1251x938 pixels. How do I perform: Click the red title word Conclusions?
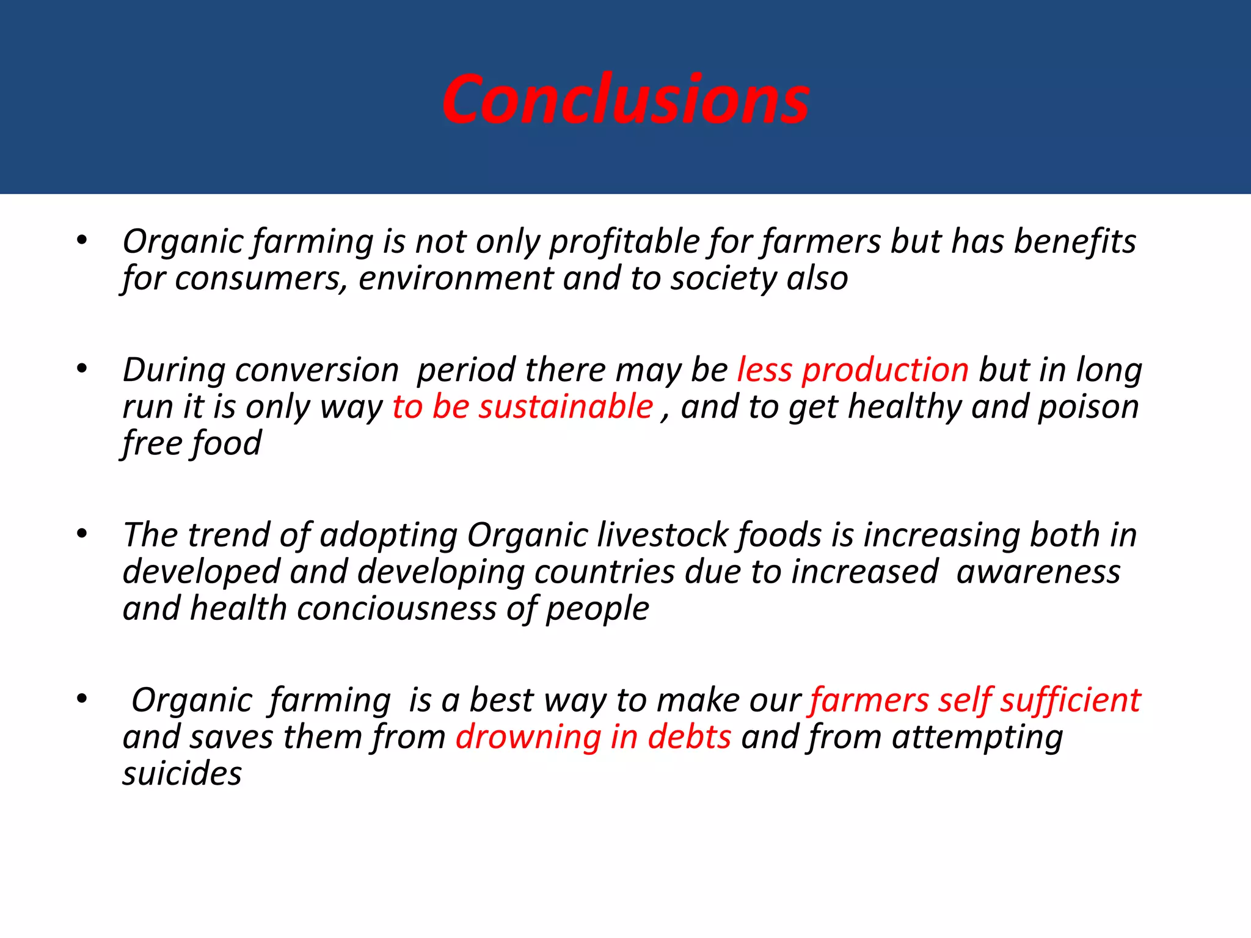625,100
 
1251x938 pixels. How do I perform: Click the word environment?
455,279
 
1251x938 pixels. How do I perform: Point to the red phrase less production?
853,371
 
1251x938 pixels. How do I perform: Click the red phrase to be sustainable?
522,407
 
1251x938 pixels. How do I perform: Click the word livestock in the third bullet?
663,536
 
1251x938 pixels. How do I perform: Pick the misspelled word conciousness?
396,609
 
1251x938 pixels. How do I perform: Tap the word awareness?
1038,572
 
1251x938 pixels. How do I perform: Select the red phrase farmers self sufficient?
975,700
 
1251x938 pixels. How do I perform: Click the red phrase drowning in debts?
593,737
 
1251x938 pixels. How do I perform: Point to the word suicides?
182,774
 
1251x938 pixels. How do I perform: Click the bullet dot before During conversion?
82,369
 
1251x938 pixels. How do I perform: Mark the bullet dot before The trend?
82,534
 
